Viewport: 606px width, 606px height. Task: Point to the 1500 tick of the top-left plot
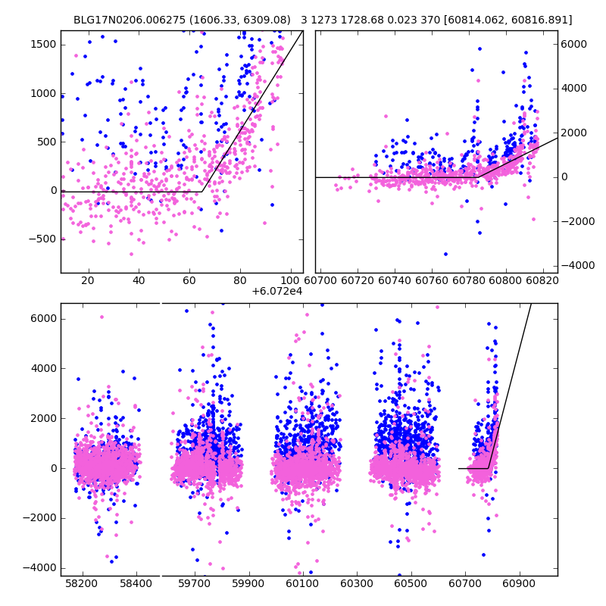42,45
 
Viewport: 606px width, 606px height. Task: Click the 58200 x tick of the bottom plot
82,585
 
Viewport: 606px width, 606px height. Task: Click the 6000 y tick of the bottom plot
43,318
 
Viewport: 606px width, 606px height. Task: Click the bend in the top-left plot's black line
201,192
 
